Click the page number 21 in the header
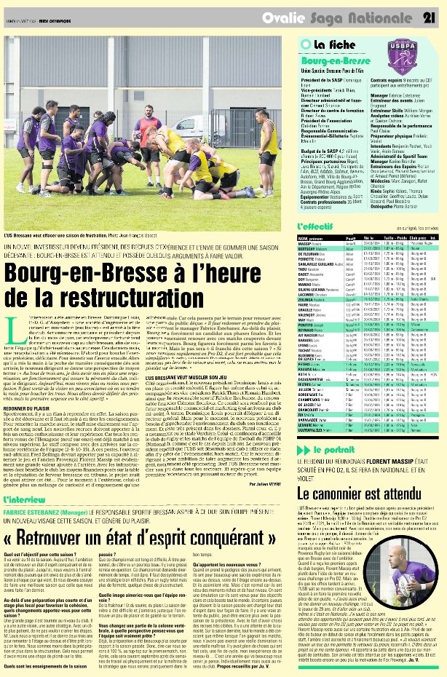[429, 16]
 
